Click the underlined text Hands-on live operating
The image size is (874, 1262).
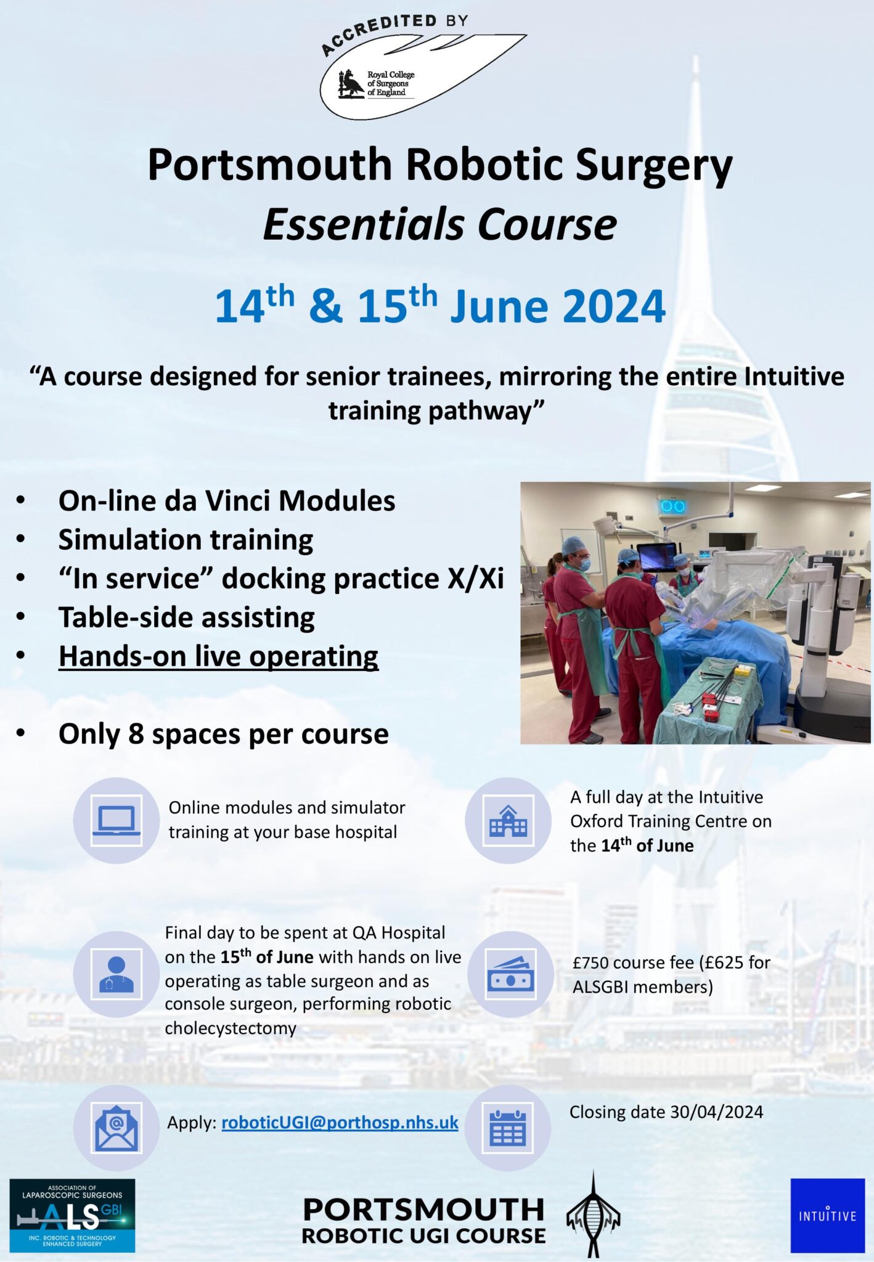point(218,656)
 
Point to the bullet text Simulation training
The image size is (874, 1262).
point(186,540)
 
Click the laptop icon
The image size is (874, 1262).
point(116,820)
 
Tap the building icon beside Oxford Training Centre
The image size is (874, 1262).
point(507,820)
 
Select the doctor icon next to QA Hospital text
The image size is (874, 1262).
point(116,974)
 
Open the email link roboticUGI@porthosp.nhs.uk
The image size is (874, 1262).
point(340,1123)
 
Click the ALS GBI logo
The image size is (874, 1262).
point(72,1215)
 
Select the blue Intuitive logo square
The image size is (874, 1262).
point(827,1215)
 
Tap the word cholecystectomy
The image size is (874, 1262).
point(230,1028)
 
